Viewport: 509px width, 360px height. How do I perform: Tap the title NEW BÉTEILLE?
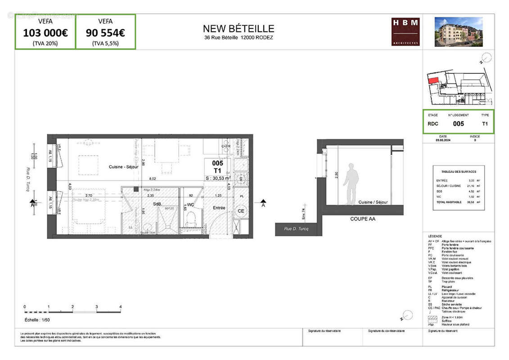238,29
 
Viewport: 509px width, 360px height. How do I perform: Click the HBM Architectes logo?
405,31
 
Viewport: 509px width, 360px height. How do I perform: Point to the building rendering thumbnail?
458,31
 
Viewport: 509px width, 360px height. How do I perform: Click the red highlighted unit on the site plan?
433,81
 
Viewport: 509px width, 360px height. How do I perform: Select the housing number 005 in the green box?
458,124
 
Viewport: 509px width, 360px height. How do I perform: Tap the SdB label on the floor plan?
157,204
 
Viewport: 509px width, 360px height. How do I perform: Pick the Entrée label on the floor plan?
219,208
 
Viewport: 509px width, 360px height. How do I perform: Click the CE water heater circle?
241,211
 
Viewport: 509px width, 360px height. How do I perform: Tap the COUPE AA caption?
362,219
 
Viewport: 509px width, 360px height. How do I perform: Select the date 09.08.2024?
443,140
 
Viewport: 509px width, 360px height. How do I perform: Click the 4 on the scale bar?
120,306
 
